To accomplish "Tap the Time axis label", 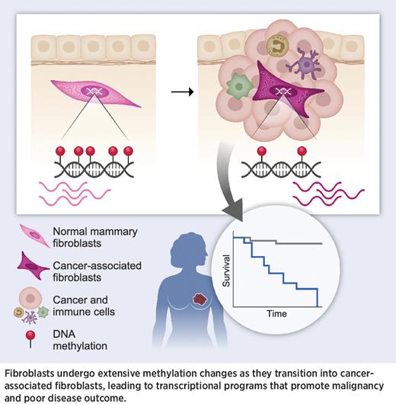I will click(x=276, y=313).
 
